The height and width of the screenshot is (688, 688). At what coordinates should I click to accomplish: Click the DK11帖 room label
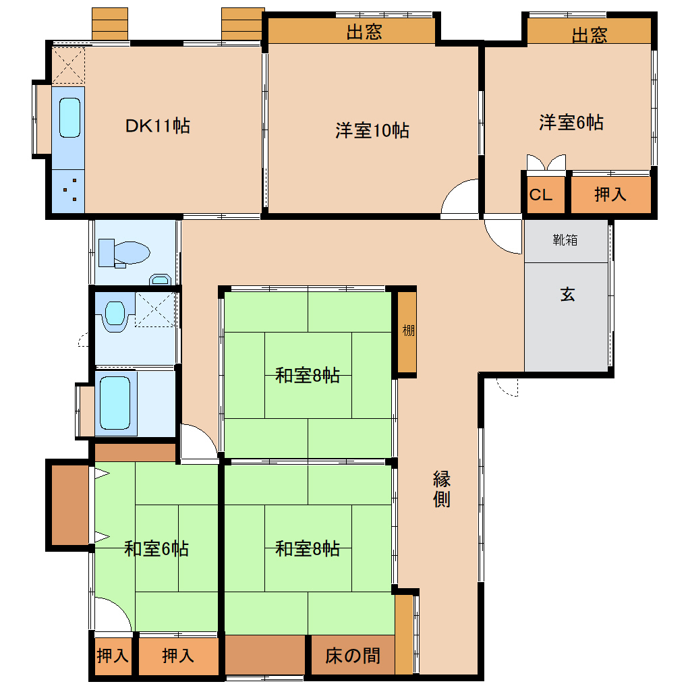coord(158,126)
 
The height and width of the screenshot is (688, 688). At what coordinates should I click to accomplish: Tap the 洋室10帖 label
coord(372,131)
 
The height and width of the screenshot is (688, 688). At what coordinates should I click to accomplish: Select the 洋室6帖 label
coord(571,122)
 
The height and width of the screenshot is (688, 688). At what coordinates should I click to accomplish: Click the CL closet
coord(546,194)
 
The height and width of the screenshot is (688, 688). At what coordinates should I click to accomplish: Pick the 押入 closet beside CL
coord(611,194)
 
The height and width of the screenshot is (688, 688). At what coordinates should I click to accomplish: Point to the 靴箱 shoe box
coord(566,241)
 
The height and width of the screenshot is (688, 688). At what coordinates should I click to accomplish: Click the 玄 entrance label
coord(567,294)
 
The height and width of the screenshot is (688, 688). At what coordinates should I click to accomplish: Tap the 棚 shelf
coord(407,332)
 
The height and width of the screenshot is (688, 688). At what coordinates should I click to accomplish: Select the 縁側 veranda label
coord(441,489)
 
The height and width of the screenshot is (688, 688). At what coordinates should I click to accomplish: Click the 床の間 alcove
coord(353,655)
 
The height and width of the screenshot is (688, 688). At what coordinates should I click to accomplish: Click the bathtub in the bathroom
coord(115,403)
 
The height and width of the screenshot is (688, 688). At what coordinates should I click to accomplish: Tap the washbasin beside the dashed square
coord(115,315)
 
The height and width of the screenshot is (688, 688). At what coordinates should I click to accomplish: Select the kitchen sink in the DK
coord(69,117)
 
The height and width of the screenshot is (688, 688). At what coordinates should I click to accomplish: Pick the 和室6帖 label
coord(156,549)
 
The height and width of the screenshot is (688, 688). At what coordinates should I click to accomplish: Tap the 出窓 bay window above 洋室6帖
coord(589,32)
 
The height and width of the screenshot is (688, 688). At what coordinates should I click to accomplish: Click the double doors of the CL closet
coord(546,163)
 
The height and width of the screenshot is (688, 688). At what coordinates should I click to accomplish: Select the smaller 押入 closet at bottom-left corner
coord(113,656)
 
